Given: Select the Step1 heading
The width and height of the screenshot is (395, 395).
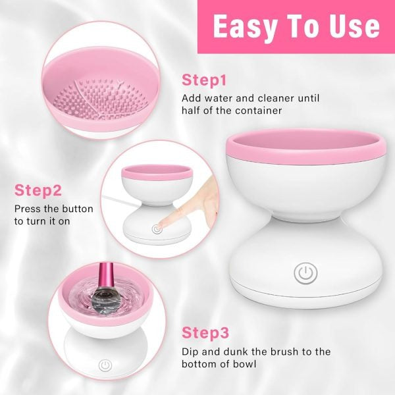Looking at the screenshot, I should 204,80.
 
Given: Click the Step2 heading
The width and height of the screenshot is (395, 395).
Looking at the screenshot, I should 38,191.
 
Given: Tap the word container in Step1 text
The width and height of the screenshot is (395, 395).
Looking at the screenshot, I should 259,111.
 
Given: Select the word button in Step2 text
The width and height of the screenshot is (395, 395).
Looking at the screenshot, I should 73,209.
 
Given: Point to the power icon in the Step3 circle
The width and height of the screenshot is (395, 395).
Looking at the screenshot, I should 104,365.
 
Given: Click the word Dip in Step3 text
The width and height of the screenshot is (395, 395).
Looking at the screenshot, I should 191,352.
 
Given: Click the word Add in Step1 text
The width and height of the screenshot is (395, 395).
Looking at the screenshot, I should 192,98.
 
